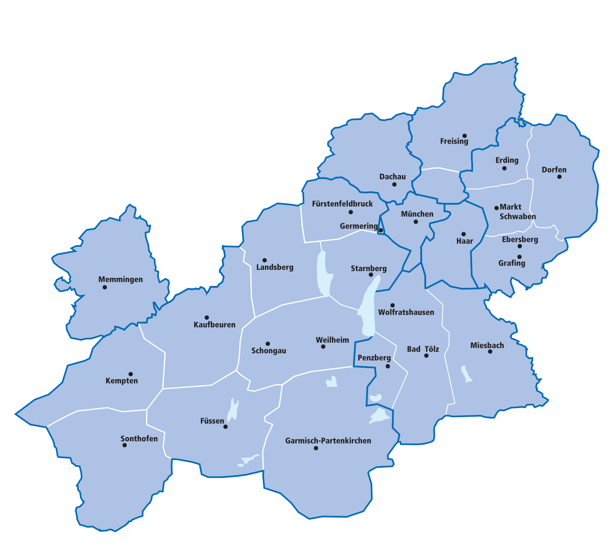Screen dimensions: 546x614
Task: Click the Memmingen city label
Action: [x=120, y=279]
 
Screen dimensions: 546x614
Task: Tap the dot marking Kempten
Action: [x=130, y=374]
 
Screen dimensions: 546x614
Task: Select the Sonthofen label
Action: [x=139, y=438]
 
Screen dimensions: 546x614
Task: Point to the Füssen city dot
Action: [x=226, y=427]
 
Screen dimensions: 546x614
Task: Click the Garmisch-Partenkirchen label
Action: [x=328, y=441]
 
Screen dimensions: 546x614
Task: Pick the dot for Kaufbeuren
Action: [x=207, y=318]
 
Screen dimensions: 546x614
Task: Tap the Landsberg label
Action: [x=274, y=267]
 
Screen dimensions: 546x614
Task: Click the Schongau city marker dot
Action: [x=268, y=344]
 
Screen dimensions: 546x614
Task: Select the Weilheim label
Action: [x=332, y=340]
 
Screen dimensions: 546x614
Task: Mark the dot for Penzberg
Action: [x=388, y=366]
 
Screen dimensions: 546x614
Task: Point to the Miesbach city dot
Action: [x=490, y=352]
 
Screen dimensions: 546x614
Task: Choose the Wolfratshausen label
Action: [x=406, y=312]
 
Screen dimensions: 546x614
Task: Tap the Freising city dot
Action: [x=464, y=136]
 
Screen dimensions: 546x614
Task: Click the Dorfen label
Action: [x=554, y=170]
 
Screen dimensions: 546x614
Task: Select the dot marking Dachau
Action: [x=394, y=185]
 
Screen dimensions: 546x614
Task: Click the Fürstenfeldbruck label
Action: [x=342, y=204]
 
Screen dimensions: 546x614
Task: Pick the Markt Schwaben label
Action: [x=517, y=212]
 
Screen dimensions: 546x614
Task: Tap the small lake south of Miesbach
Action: [x=466, y=374]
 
